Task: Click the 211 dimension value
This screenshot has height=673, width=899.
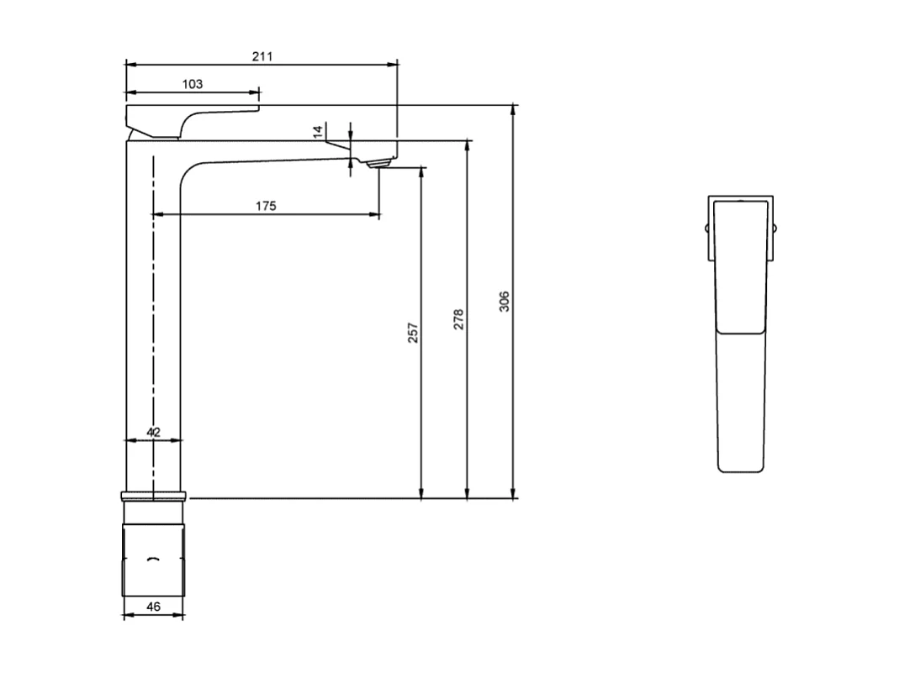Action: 262,56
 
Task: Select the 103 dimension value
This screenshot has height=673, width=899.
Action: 193,84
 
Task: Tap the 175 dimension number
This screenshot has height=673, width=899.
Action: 265,206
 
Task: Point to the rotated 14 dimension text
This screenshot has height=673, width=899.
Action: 317,131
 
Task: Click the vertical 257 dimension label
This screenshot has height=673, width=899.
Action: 412,332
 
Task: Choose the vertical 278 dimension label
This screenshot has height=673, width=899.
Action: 458,320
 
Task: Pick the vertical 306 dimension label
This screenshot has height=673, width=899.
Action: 504,302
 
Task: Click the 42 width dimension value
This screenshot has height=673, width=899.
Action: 153,432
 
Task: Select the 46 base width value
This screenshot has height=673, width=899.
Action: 153,606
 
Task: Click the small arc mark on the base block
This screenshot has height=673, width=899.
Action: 153,560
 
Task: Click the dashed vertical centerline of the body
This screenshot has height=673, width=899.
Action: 154,336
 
